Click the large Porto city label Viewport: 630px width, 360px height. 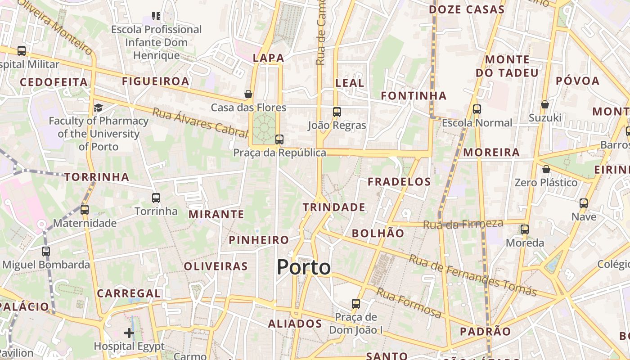[304, 267]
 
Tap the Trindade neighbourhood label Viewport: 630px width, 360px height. [334, 207]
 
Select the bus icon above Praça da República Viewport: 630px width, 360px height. [279, 139]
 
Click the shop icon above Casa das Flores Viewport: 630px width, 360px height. [248, 94]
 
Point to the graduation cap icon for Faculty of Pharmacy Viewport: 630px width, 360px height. [98, 108]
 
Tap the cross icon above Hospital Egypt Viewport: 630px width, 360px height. [129, 333]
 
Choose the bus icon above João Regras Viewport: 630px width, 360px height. [337, 112]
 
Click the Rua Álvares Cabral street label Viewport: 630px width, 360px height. [200, 122]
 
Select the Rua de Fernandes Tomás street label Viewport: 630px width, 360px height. [472, 275]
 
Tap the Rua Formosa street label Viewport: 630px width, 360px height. [409, 303]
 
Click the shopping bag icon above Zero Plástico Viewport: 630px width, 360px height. [546, 169]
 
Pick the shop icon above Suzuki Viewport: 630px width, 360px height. [545, 104]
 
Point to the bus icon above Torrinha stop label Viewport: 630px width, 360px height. [156, 198]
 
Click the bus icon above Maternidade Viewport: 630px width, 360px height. [85, 209]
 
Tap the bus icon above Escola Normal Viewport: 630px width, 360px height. [477, 109]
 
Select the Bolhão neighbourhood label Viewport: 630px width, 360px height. [378, 233]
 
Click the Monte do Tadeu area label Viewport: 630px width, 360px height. [507, 66]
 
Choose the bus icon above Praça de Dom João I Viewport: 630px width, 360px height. [356, 304]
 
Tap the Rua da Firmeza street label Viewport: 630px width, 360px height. [463, 224]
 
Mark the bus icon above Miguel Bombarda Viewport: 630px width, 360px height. [46, 252]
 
